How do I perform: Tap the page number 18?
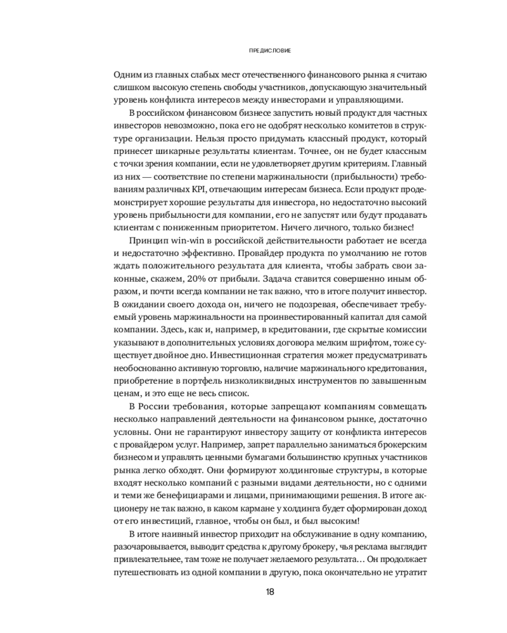pos(270,592)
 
